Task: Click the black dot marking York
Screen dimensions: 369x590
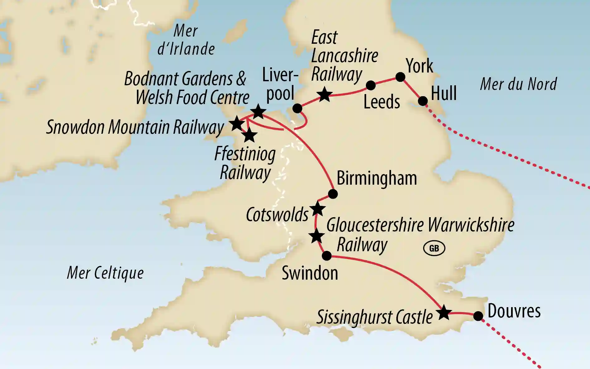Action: (400, 77)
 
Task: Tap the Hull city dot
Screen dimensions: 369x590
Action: (423, 101)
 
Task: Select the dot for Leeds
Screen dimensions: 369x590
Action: (370, 85)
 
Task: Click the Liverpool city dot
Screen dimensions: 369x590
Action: (297, 108)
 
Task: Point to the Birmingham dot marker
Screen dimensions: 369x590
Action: (333, 194)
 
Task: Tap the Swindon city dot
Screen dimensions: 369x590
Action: (326, 256)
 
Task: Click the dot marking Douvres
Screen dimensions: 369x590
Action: (478, 316)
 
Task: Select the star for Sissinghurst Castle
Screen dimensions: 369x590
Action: (444, 312)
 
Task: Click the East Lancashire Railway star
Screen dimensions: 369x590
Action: (324, 94)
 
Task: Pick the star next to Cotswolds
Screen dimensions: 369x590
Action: (317, 209)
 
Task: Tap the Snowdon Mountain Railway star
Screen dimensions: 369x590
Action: (237, 124)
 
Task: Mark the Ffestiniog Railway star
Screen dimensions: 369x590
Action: (249, 136)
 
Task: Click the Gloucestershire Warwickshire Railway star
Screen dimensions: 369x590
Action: (317, 236)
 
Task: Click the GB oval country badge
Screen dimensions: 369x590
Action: (434, 248)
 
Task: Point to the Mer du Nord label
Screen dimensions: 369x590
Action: (518, 84)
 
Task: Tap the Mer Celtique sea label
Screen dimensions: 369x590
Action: (105, 273)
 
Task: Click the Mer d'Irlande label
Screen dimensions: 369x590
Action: (186, 40)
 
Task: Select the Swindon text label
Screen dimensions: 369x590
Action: (310, 273)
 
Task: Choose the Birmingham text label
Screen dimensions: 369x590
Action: (377, 178)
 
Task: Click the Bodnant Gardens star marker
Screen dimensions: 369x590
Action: (258, 112)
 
